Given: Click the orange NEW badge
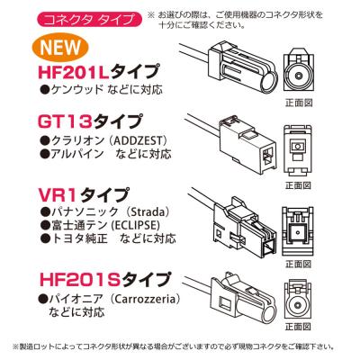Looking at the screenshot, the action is (60, 48).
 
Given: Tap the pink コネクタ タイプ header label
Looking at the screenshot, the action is (89, 20).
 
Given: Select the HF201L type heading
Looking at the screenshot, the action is (98, 72).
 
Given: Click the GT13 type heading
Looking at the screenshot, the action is (90, 121).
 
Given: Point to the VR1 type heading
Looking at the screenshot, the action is (85, 195).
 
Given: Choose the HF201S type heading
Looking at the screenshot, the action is (105, 280).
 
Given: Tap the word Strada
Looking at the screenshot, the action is (147, 212).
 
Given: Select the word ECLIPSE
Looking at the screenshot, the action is (137, 225).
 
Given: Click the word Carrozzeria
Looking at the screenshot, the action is (144, 299).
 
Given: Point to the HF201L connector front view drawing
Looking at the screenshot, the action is (299, 74).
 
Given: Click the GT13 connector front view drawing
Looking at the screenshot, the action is (298, 150).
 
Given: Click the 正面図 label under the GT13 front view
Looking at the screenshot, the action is (298, 185).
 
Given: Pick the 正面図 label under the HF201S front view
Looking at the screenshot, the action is (298, 326).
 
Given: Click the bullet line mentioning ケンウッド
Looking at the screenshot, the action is (101, 89).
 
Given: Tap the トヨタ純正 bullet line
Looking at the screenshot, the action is (108, 238).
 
